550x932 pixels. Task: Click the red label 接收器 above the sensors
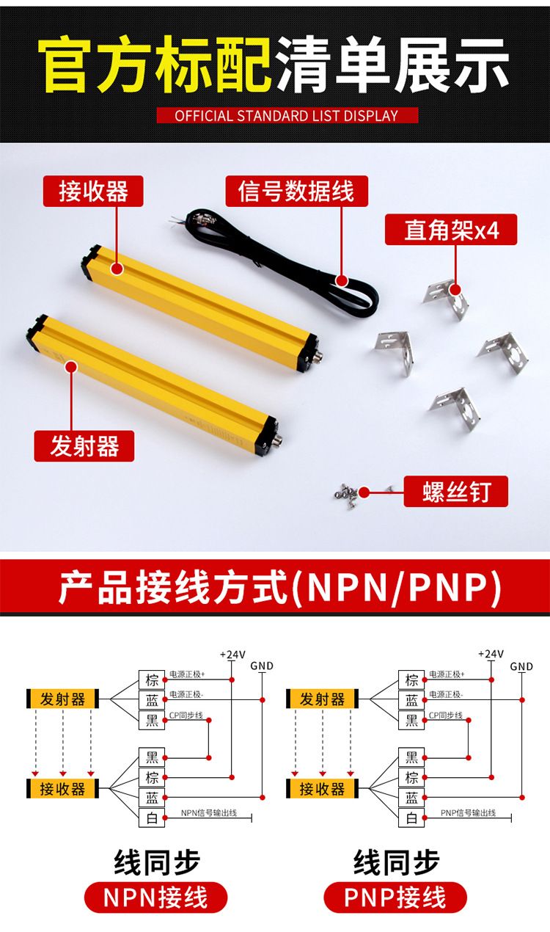coord(93,191)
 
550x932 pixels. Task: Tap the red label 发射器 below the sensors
coord(84,446)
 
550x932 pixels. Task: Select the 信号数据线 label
coord(296,191)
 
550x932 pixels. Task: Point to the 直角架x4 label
coord(451,230)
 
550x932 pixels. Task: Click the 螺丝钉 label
coord(455,492)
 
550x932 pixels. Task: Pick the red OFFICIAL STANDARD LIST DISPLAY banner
coord(287,115)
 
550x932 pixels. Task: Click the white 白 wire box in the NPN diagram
coord(152,818)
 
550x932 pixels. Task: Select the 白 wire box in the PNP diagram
coord(411,818)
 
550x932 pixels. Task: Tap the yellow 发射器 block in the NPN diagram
coord(63,699)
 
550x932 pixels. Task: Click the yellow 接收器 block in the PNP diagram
coord(322,788)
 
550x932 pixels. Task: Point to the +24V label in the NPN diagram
coord(232,655)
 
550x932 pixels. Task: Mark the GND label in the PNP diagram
coord(521,666)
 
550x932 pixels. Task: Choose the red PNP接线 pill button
coord(395,898)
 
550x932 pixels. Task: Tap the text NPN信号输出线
coord(209,812)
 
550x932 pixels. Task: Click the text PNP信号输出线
coord(468,812)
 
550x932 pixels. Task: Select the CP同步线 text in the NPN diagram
coord(186,716)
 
